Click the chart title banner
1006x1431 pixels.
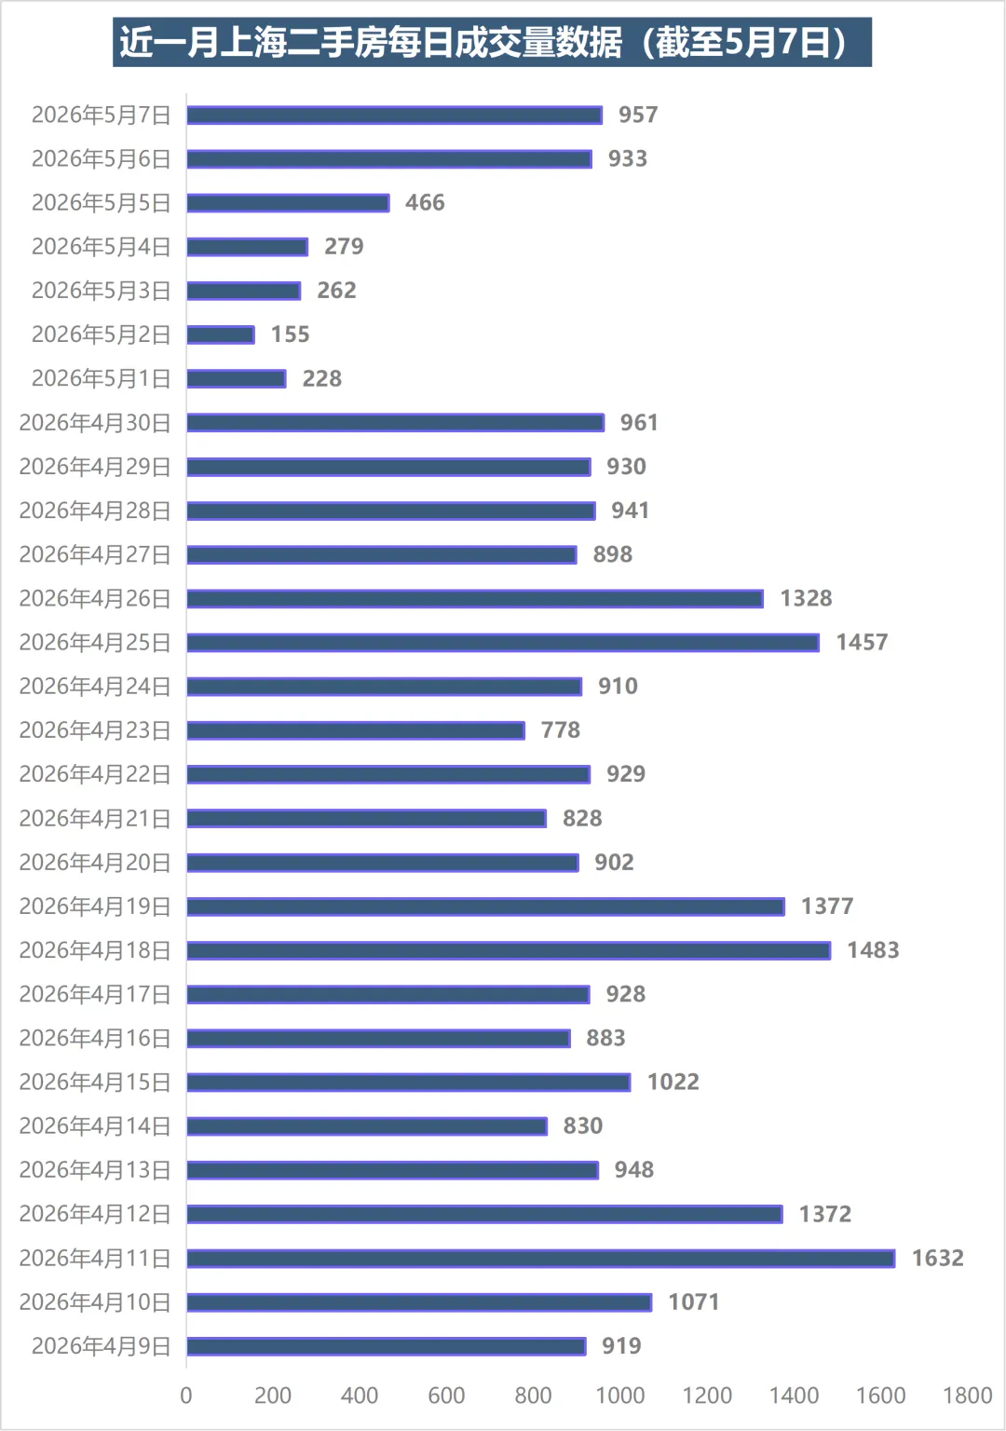point(492,42)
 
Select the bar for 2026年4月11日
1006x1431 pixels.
point(541,1259)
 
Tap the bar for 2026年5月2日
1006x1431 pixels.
point(221,334)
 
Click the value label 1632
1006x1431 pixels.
point(937,1259)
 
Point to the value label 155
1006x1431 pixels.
point(290,334)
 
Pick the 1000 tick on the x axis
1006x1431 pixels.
point(619,1396)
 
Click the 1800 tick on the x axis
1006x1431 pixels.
point(967,1396)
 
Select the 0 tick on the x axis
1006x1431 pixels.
point(186,1396)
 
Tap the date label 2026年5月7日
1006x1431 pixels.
point(101,115)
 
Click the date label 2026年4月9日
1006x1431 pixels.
point(101,1346)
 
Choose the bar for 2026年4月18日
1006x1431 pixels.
point(510,950)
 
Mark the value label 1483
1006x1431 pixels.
point(873,950)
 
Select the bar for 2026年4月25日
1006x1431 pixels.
point(503,643)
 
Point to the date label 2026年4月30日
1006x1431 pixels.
point(94,423)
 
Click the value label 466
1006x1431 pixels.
point(425,203)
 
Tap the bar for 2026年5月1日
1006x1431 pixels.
point(237,379)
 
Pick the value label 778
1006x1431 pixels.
point(560,730)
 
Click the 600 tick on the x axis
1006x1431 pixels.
point(446,1396)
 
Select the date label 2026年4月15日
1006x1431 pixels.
point(94,1083)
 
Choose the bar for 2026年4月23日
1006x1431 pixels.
point(356,730)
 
